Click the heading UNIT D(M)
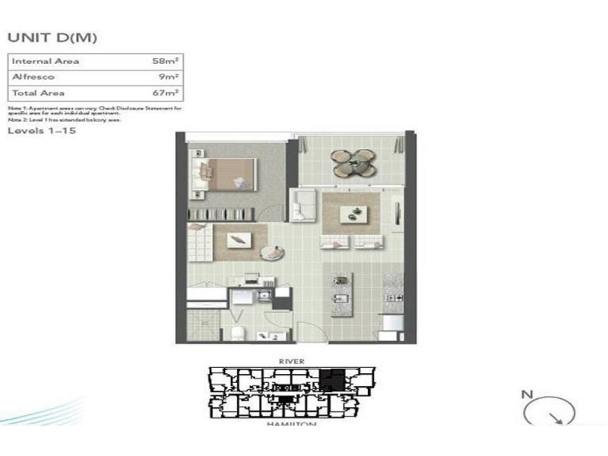pyautogui.click(x=52, y=36)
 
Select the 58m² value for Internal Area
pyautogui.click(x=165, y=61)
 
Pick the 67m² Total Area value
pyautogui.click(x=165, y=93)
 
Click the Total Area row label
pyautogui.click(x=36, y=93)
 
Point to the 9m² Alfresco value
pyautogui.click(x=169, y=77)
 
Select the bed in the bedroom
pyautogui.click(x=229, y=173)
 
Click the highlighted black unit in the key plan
pyautogui.click(x=331, y=378)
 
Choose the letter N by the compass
pyautogui.click(x=525, y=394)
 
